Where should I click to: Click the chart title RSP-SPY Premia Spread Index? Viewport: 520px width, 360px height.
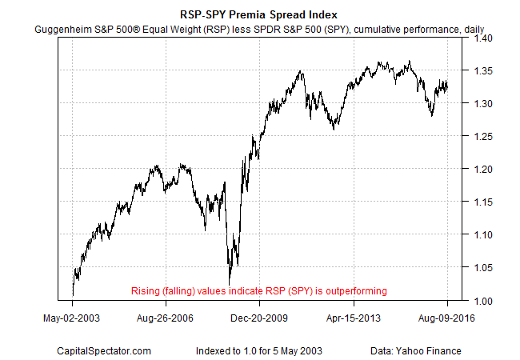click(259, 14)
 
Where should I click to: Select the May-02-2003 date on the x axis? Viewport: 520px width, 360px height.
click(73, 318)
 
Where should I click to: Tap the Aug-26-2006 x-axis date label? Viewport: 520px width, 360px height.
click(166, 318)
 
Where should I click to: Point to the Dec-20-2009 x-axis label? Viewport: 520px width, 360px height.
click(259, 318)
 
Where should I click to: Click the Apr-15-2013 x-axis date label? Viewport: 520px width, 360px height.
click(353, 318)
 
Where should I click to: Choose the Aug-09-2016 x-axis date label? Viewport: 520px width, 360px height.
click(446, 318)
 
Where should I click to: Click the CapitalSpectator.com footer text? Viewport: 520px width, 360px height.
click(104, 350)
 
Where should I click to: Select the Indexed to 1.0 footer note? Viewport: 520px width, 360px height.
click(259, 350)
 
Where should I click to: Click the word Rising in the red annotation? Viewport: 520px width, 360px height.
click(146, 290)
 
